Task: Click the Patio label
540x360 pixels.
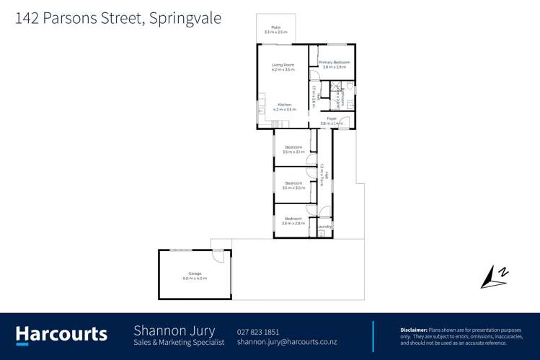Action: click(276, 27)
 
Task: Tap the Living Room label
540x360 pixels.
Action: click(283, 66)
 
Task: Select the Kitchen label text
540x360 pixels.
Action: click(285, 105)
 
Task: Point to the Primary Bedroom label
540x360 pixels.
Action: click(335, 63)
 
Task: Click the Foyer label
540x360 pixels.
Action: click(332, 118)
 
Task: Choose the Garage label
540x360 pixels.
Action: click(195, 273)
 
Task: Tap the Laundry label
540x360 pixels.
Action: click(325, 227)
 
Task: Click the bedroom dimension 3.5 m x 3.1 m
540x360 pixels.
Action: click(293, 152)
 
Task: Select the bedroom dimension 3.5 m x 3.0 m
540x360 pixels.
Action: click(293, 188)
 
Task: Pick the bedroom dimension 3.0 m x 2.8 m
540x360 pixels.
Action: click(293, 223)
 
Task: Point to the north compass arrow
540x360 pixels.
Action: click(494, 276)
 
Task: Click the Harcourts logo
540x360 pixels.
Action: click(61, 334)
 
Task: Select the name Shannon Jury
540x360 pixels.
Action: click(174, 330)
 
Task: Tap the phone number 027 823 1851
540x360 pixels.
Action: click(258, 332)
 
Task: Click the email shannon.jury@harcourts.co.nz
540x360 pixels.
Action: click(286, 342)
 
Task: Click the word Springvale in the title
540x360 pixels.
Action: click(186, 19)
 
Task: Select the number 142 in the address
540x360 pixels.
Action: click(27, 19)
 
